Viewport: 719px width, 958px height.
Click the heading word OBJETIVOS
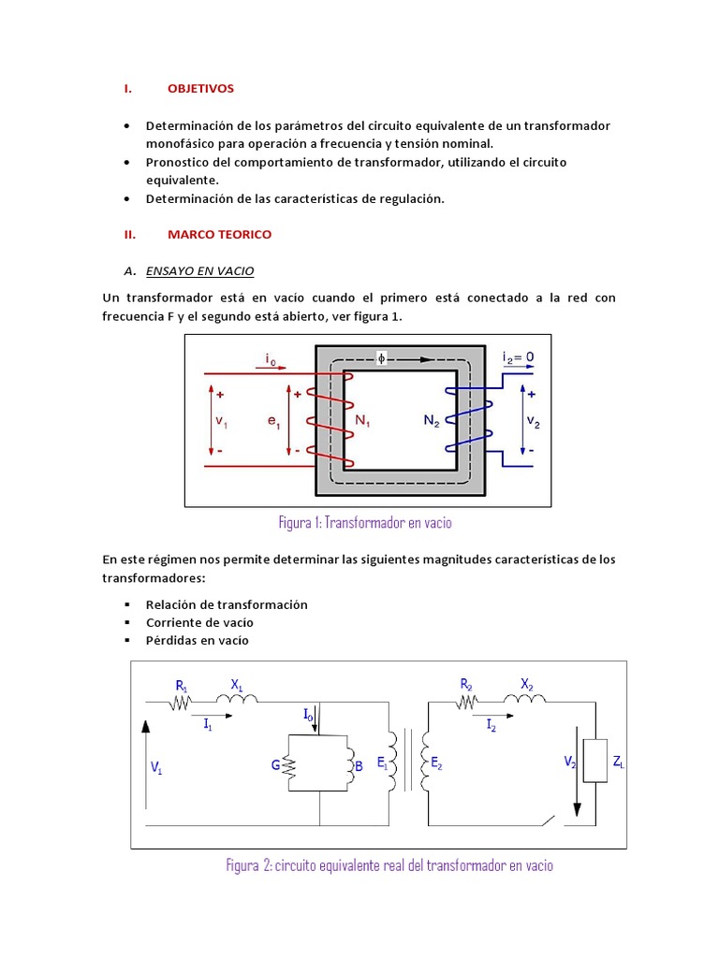200,88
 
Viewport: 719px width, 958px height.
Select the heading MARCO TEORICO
219,234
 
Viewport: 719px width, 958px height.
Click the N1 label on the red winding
363,421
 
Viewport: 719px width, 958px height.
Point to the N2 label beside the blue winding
431,421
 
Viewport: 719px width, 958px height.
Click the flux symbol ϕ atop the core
381,357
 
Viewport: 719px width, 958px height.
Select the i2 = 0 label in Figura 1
518,357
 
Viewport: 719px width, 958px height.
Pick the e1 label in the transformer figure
273,422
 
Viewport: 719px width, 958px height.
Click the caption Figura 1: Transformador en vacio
365,522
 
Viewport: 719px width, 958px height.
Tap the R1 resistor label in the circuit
183,685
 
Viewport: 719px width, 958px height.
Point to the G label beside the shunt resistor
276,764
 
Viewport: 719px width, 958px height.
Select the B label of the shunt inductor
358,766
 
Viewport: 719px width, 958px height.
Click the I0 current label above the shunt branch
308,714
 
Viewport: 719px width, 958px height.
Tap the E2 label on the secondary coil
436,763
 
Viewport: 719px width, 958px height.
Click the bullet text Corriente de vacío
199,622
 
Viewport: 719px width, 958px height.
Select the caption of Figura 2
389,864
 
